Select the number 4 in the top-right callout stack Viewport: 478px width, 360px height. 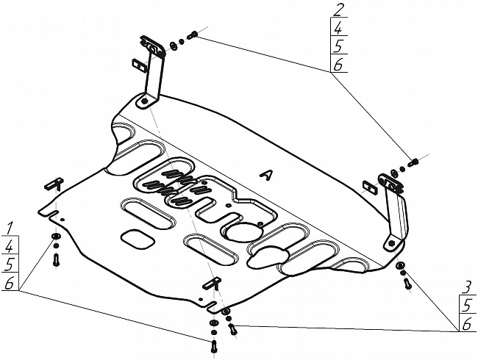338,29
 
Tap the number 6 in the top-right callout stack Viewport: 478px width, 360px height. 338,65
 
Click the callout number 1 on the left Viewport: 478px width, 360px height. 10,228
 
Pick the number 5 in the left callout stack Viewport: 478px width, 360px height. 9,264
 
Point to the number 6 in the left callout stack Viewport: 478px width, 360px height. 9,283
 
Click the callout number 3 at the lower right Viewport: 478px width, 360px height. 467,287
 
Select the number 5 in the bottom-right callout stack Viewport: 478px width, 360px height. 467,306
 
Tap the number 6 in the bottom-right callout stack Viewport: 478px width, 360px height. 467,325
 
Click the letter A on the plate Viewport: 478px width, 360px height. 266,175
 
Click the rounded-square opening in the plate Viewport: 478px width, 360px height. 138,239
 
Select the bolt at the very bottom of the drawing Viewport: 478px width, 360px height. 214,346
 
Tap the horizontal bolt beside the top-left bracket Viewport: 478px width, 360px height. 192,35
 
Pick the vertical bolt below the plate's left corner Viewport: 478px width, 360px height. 56,260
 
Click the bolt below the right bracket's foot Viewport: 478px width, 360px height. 407,284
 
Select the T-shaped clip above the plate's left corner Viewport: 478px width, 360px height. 54,184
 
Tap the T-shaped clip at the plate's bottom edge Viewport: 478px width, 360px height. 213,282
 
